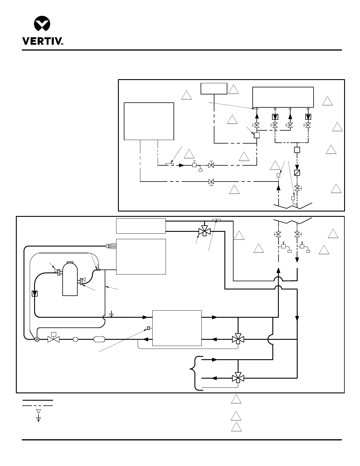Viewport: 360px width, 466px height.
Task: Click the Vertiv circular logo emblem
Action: (42, 24)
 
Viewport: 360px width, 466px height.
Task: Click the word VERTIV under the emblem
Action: (41, 41)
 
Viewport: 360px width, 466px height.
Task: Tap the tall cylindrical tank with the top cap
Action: (70, 279)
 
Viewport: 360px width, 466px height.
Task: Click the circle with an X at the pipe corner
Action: (37, 339)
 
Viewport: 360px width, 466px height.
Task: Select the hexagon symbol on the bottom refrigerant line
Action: (76, 339)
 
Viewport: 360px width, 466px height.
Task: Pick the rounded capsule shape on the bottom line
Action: (99, 339)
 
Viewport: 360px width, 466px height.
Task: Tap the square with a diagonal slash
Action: (297, 173)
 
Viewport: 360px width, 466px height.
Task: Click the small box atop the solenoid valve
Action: (54, 334)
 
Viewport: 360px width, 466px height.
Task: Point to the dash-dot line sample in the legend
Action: (38, 406)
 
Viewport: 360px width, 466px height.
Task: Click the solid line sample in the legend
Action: (38, 400)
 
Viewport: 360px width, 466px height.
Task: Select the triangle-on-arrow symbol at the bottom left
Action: (38, 419)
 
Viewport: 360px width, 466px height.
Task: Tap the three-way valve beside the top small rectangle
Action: (204, 231)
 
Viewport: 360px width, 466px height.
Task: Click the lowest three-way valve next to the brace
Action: (238, 377)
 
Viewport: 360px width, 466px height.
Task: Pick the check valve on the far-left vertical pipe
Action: (35, 294)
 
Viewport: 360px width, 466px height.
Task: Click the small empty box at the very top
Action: (214, 89)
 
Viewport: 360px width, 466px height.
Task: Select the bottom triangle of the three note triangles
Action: (236, 427)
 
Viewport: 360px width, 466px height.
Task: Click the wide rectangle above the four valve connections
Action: (283, 97)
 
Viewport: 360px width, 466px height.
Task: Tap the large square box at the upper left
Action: (149, 121)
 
